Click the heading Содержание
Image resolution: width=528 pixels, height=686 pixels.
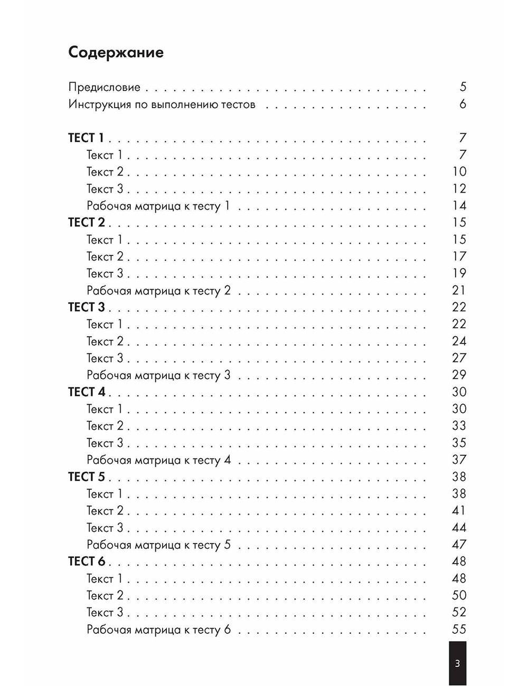click(116, 52)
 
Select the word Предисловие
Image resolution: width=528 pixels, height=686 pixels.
click(104, 87)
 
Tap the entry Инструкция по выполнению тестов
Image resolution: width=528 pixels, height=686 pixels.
click(162, 104)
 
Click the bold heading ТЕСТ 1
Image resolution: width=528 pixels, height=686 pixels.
click(86, 138)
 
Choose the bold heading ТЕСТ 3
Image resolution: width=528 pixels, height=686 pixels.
click(86, 307)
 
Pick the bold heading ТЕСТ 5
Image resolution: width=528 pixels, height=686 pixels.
click(86, 477)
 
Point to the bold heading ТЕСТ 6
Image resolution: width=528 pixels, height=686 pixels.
click(86, 561)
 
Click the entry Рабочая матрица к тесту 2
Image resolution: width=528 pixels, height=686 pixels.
click(158, 291)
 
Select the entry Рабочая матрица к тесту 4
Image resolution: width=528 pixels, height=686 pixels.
click(158, 460)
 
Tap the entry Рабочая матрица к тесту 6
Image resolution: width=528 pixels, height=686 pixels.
click(158, 630)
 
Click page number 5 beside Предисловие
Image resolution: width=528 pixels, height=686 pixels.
click(463, 87)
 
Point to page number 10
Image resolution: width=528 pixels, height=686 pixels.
click(459, 171)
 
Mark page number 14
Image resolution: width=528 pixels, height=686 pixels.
click(459, 206)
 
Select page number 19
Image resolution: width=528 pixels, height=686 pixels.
click(459, 273)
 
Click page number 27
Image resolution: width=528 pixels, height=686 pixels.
click(459, 358)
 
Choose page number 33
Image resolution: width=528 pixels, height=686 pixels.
click(459, 426)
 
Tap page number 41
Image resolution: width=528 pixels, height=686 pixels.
click(459, 510)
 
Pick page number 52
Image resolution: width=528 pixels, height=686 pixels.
click(459, 612)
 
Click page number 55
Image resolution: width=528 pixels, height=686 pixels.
click(459, 629)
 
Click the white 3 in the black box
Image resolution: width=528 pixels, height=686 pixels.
click(457, 663)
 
